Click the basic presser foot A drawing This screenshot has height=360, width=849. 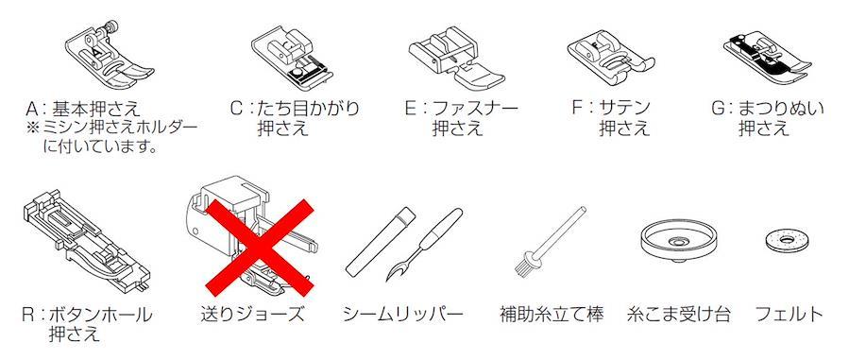click(109, 57)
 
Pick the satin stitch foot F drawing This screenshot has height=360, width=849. click(610, 60)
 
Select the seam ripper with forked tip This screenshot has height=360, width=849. click(424, 244)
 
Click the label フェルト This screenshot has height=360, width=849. click(789, 315)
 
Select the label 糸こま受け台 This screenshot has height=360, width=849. click(678, 315)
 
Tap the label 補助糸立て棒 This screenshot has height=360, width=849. click(552, 315)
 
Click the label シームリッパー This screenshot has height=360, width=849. click(403, 315)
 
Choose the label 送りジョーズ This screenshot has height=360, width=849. click(252, 315)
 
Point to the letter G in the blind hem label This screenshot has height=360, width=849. click(719, 109)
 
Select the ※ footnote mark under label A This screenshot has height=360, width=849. click(33, 128)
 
